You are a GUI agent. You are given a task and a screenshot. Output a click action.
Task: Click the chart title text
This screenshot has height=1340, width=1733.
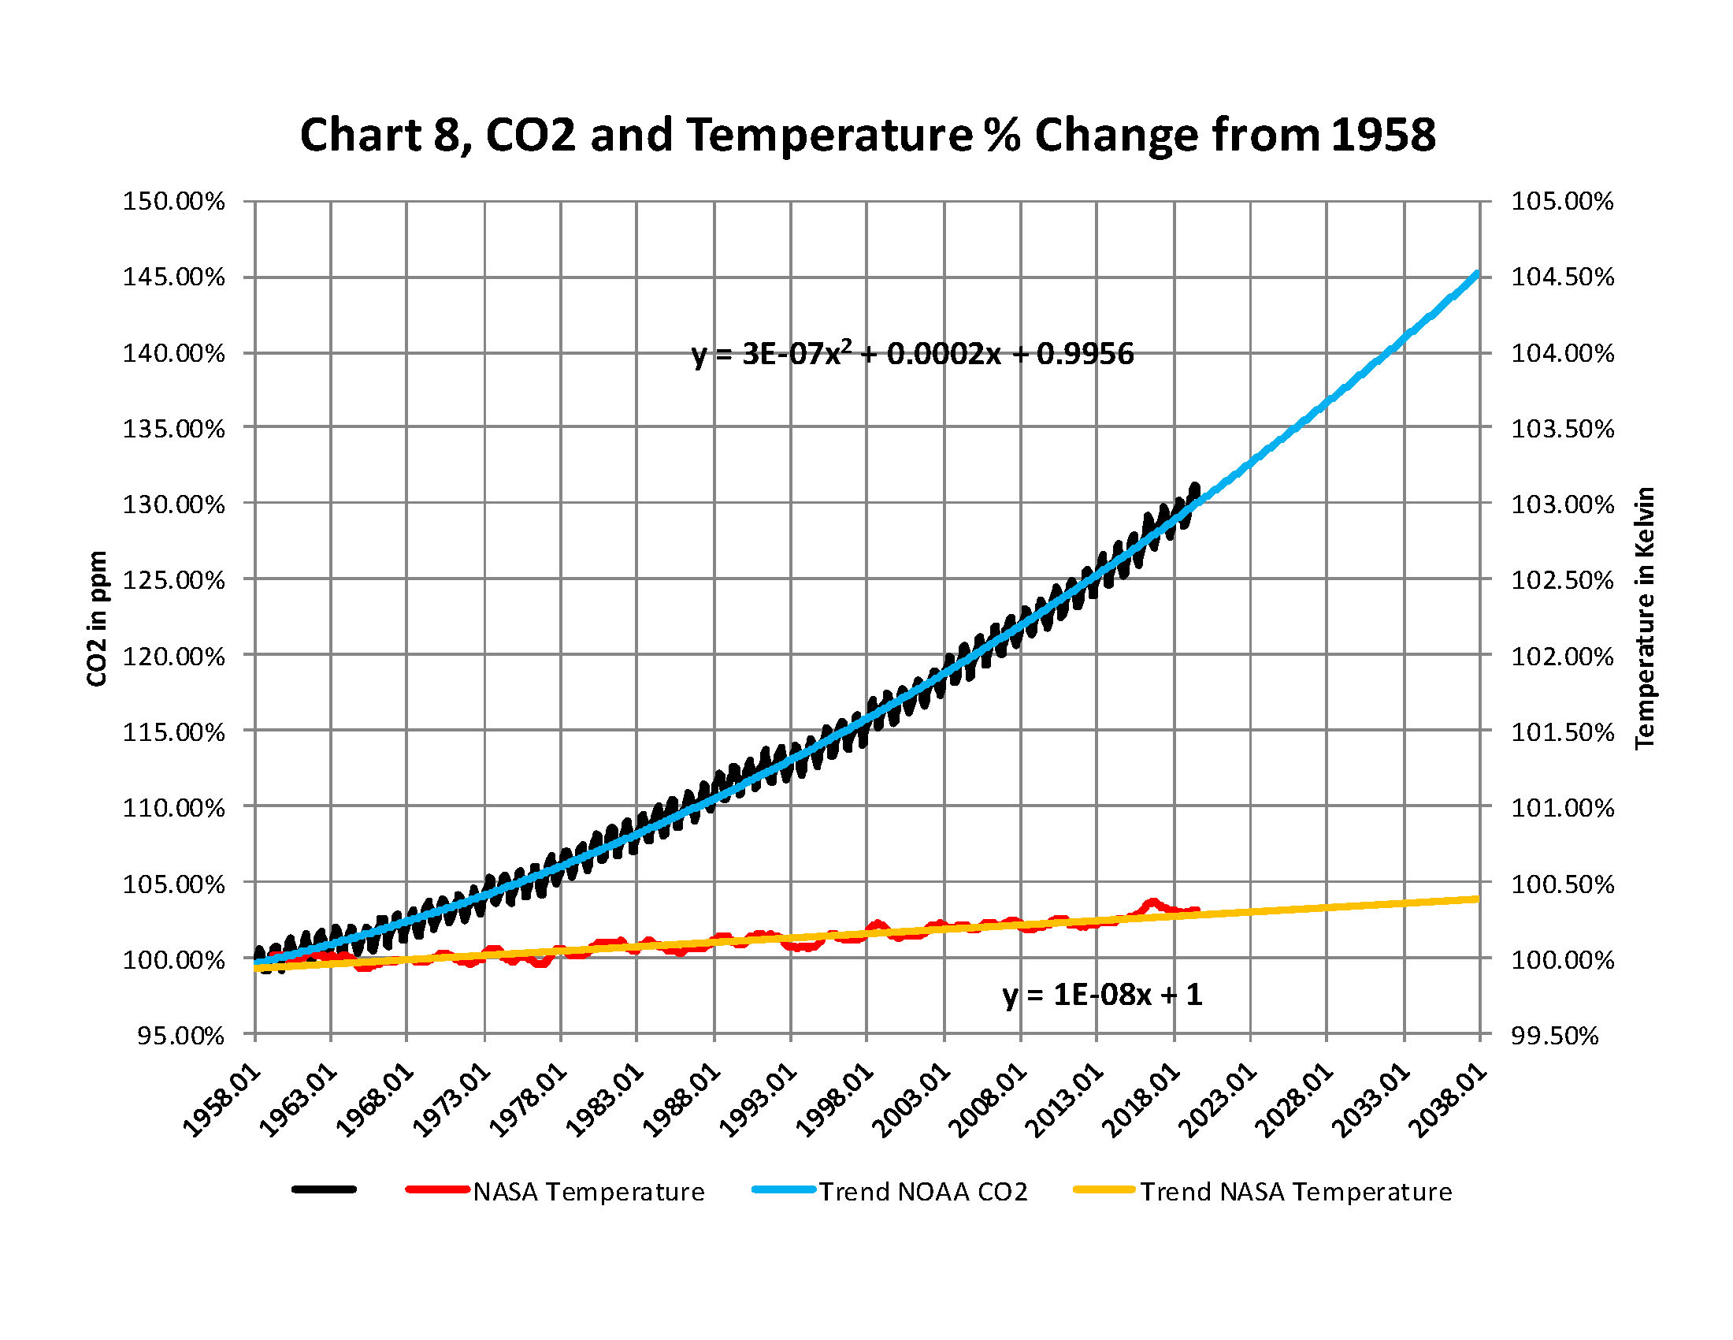867,135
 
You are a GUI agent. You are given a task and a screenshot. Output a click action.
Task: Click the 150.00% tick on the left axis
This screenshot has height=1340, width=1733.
173,202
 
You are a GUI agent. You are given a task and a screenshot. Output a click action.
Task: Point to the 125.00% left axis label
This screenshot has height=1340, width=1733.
173,580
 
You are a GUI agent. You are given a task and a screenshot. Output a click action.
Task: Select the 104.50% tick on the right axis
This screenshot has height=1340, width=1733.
1561,277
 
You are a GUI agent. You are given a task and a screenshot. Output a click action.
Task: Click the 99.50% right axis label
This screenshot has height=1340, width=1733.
1553,1036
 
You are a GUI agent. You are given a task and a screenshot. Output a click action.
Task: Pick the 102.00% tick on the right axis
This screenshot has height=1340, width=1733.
1561,657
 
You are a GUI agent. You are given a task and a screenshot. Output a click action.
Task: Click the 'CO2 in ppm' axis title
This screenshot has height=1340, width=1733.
97,619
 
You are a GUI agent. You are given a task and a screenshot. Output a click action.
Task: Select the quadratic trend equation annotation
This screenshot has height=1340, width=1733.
912,354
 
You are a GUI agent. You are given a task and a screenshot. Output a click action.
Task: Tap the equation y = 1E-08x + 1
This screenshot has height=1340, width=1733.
1102,995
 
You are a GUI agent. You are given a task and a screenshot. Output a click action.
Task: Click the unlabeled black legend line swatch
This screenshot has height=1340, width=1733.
325,1189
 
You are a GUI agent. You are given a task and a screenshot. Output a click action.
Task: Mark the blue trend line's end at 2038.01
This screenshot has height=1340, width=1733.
1478,274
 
